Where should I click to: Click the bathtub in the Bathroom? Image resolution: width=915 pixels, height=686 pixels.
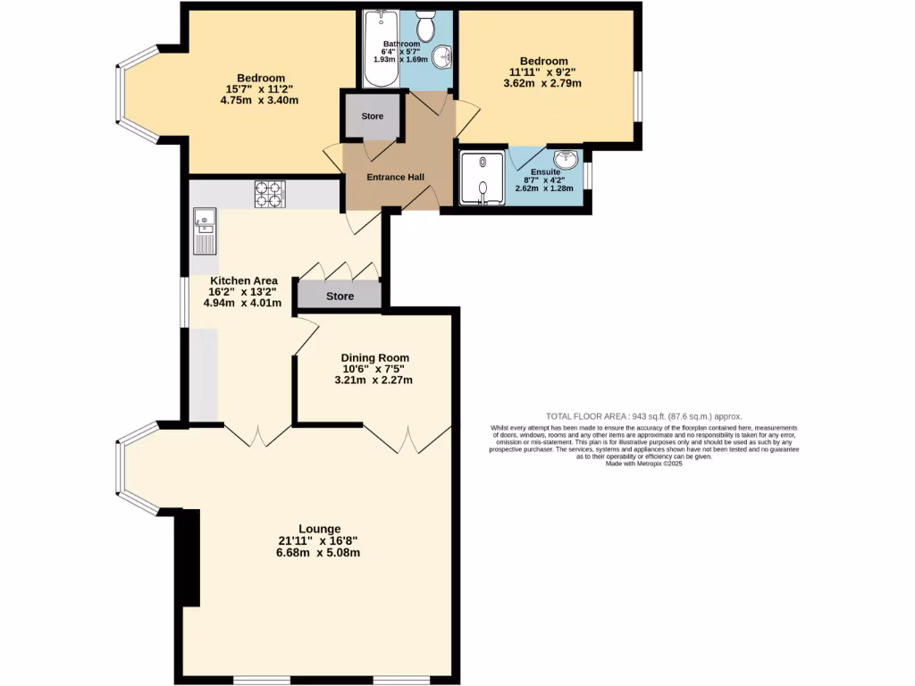379,49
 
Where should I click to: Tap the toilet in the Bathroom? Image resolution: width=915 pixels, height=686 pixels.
425,27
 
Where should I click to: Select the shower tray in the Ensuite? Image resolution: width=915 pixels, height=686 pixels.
481,179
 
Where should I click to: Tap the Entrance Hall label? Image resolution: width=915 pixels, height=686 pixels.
395,177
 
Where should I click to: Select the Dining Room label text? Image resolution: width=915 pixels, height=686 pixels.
374,357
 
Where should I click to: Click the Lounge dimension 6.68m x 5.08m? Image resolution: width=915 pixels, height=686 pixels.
318,553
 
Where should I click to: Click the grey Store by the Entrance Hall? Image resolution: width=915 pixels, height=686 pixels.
372,116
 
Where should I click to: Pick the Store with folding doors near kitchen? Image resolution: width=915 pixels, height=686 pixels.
340,296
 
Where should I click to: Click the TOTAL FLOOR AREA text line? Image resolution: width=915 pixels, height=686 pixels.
643,416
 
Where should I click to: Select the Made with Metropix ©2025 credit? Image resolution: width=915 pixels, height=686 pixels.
643,464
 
